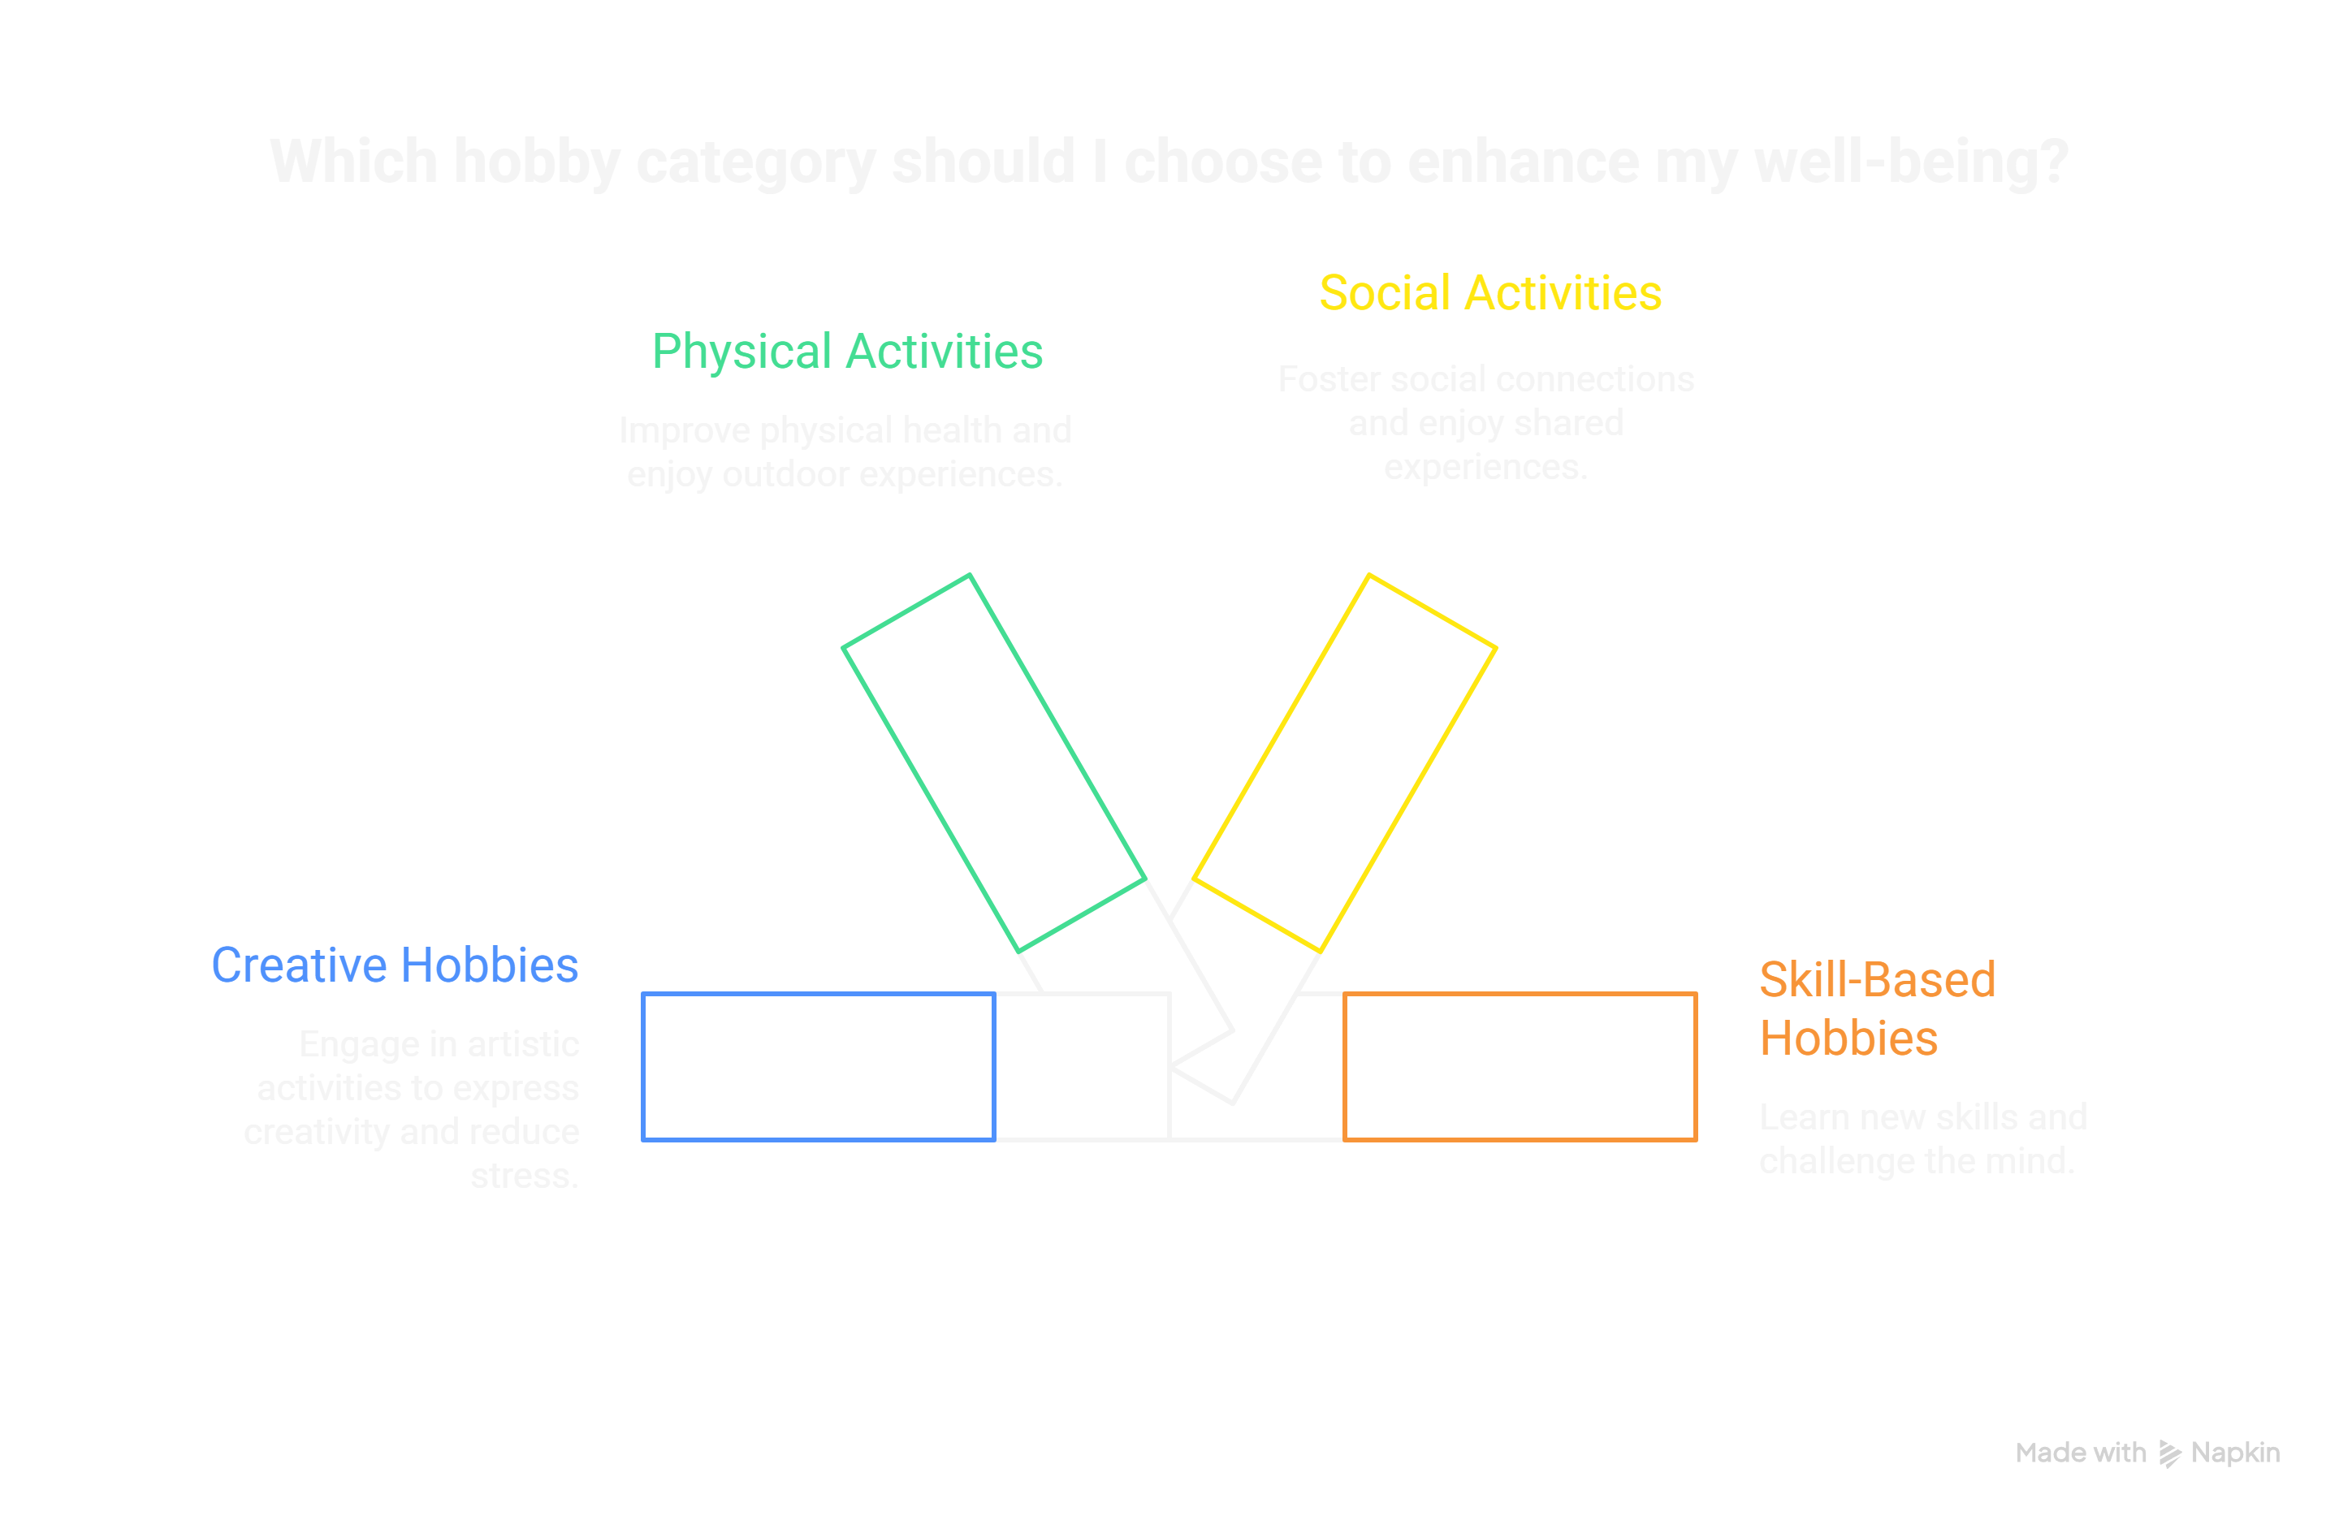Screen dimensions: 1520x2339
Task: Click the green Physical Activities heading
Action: click(847, 352)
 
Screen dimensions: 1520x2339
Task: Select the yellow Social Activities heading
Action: click(1489, 294)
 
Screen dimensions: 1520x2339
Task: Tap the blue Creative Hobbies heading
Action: click(395, 965)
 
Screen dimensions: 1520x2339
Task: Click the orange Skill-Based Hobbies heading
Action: click(1876, 1008)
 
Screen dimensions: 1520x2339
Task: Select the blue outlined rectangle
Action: click(818, 1067)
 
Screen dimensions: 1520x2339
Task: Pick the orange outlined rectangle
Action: click(1520, 1067)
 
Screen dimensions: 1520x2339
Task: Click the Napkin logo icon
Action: click(2169, 1453)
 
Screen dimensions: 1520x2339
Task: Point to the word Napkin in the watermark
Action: click(2236, 1453)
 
